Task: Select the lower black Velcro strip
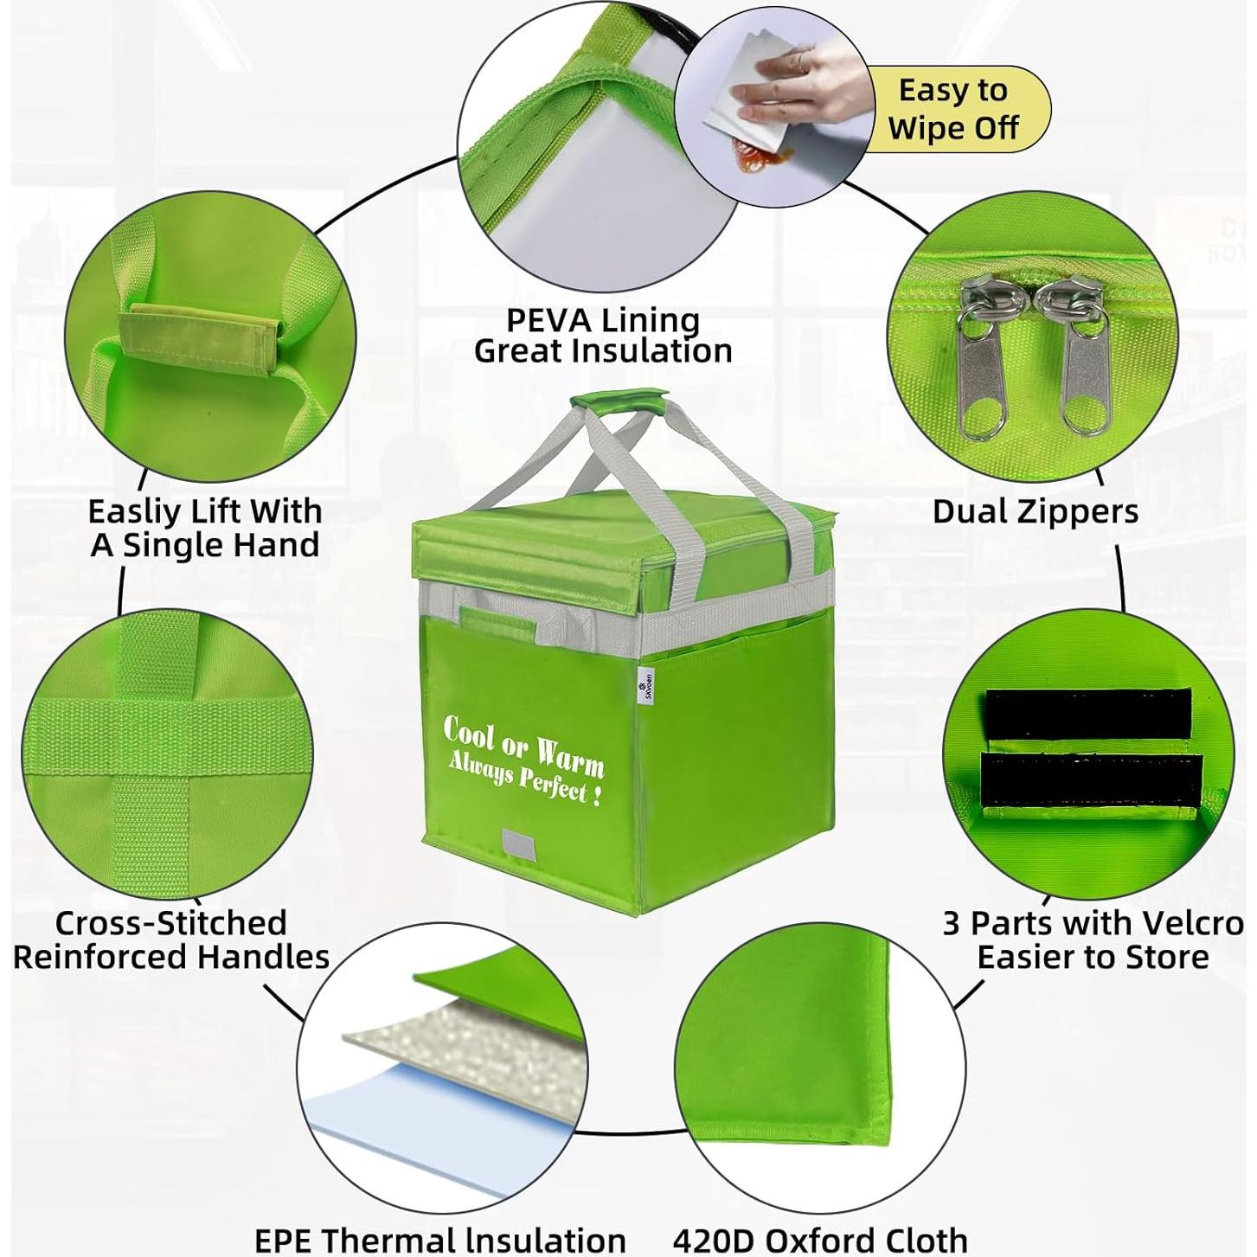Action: (1091, 780)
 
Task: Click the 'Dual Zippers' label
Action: (1035, 511)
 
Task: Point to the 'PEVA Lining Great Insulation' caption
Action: (603, 336)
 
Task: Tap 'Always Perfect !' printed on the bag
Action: (524, 779)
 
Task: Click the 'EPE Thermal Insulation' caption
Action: (439, 1239)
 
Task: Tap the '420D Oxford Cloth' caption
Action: (819, 1239)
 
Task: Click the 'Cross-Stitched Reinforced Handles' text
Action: (170, 940)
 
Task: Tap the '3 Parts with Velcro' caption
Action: (1093, 924)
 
